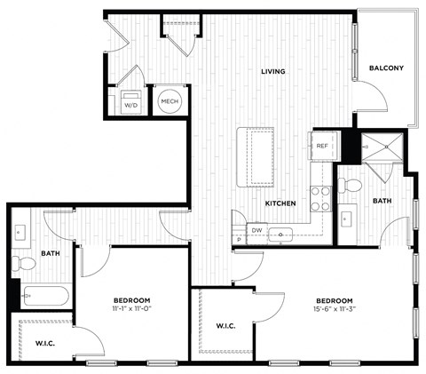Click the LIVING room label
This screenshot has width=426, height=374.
pyautogui.click(x=272, y=71)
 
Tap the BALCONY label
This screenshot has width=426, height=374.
pyautogui.click(x=386, y=68)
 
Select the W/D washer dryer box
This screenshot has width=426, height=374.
pyautogui.click(x=130, y=102)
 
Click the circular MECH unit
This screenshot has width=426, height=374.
pyautogui.click(x=170, y=102)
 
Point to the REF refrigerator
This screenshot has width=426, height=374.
pyautogui.click(x=321, y=147)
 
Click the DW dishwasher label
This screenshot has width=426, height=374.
pyautogui.click(x=256, y=230)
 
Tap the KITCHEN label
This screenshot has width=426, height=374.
pyautogui.click(x=280, y=203)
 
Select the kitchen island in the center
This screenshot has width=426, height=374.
pyautogui.click(x=256, y=157)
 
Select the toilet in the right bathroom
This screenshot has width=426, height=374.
pyautogui.click(x=351, y=186)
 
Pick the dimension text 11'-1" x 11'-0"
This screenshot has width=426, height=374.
pyautogui.click(x=131, y=308)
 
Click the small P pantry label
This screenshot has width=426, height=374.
pyautogui.click(x=238, y=241)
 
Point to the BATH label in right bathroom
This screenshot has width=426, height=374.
pyautogui.click(x=382, y=201)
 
